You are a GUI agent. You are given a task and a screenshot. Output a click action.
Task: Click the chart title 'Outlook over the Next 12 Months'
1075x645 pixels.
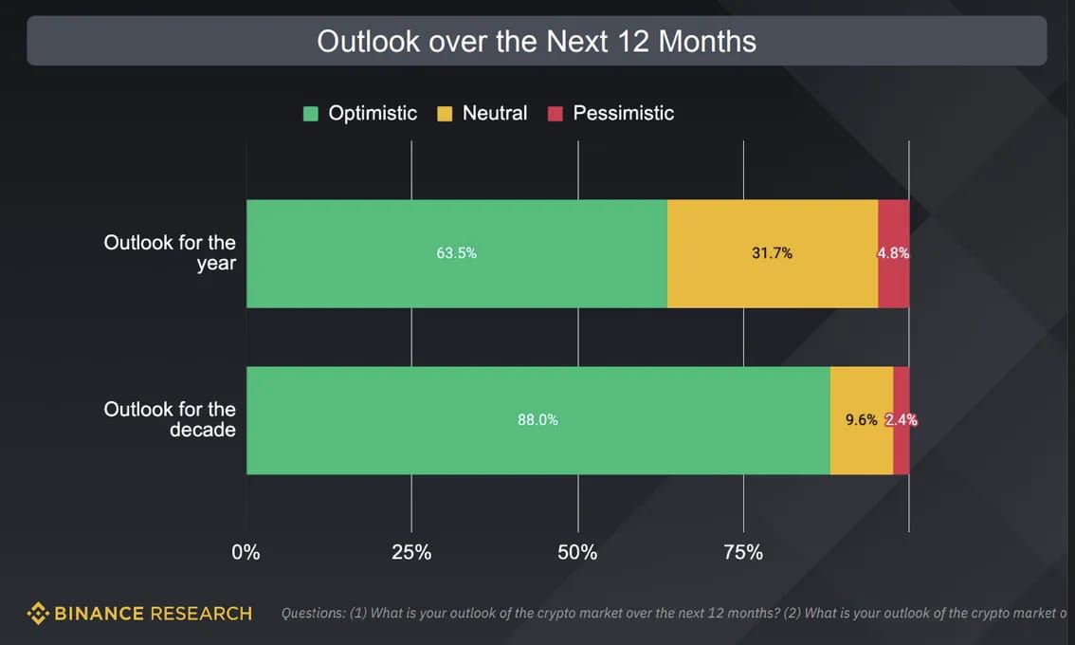point(537,42)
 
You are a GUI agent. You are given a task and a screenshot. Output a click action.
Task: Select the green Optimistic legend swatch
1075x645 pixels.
point(311,114)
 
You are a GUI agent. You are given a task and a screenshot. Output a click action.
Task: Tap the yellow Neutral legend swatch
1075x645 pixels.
point(445,114)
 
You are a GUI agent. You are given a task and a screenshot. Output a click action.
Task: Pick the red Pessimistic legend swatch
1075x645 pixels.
point(556,114)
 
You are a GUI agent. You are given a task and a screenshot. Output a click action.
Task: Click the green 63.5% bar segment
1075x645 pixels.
point(456,253)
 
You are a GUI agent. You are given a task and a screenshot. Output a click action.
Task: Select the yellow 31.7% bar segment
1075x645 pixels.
point(772,253)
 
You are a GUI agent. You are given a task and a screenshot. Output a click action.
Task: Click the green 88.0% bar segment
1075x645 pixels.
point(537,420)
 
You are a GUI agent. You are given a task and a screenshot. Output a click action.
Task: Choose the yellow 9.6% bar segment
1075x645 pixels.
point(861,420)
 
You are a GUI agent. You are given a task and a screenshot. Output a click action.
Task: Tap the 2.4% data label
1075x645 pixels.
point(902,420)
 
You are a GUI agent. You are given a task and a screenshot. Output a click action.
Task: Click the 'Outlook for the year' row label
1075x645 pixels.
point(170,252)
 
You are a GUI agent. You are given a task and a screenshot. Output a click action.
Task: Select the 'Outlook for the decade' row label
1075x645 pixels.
point(170,419)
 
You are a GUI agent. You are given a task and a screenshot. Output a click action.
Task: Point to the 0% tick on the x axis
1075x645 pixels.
point(246,552)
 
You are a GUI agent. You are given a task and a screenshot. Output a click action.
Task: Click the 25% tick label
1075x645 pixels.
point(411,552)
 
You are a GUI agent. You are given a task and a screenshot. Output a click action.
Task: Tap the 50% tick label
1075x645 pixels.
point(577,552)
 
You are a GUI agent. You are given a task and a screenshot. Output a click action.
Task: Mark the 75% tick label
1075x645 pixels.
point(743,552)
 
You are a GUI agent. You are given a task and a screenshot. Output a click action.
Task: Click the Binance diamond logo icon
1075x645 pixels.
point(38,614)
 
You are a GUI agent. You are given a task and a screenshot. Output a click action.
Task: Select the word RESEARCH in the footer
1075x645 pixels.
point(199,614)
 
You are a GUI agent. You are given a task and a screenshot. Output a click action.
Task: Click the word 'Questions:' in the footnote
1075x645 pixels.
point(313,614)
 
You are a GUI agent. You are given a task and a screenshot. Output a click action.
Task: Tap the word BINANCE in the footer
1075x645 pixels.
point(98,614)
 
